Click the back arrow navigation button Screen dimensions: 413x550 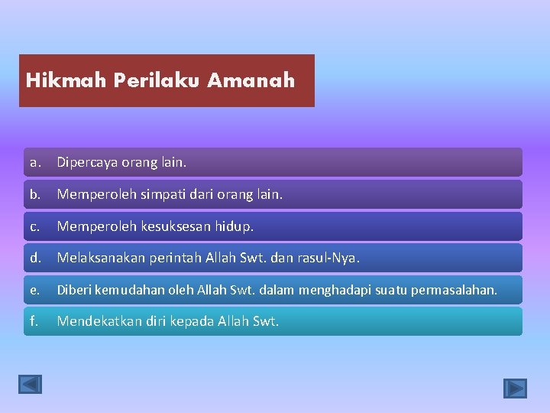click(x=31, y=384)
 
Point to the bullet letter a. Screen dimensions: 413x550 click(x=34, y=163)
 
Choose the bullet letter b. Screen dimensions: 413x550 click(x=34, y=195)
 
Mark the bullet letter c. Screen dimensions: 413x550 click(x=34, y=227)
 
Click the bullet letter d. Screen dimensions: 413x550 click(x=35, y=259)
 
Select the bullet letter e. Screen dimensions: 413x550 click(x=34, y=291)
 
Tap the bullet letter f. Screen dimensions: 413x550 click(x=34, y=322)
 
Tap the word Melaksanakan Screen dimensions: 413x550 click(x=102, y=259)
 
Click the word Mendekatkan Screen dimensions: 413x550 click(x=99, y=322)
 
